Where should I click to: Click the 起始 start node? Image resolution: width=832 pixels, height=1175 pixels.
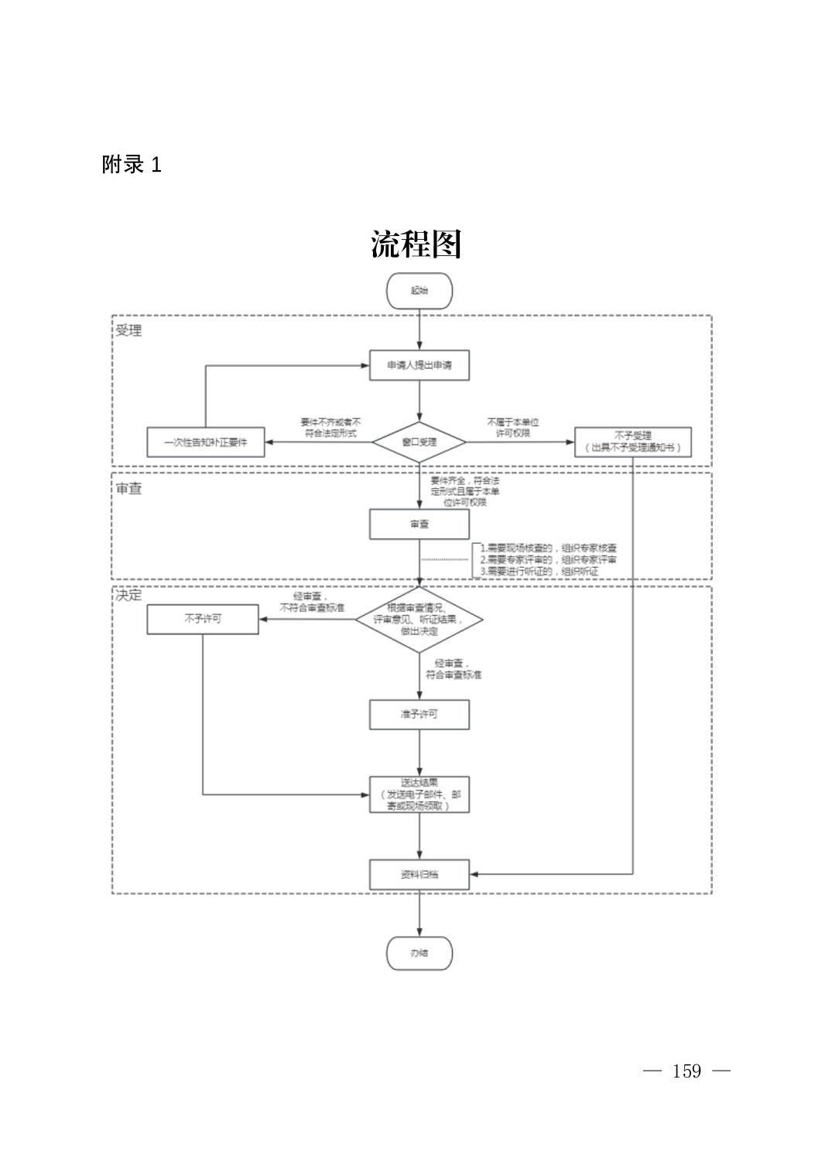419,291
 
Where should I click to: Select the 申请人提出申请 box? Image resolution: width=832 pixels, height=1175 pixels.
419,365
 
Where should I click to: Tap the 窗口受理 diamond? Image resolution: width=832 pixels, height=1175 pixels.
419,442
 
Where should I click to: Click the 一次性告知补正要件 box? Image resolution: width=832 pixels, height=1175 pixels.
205,442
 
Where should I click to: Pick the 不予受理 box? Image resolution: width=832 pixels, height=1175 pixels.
632,442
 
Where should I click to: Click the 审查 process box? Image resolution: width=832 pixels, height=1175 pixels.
419,524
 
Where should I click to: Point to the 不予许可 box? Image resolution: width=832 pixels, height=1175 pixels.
203,619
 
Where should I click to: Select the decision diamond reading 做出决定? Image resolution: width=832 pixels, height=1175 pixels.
419,619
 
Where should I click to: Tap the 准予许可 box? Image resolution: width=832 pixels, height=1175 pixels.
419,714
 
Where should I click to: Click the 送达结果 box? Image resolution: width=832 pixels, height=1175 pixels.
419,794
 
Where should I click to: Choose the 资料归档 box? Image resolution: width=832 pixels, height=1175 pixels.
419,875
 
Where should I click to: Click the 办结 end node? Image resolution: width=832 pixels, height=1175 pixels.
419,953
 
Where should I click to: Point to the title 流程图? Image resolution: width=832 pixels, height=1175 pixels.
416,244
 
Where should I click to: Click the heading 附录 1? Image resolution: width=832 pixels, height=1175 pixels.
132,165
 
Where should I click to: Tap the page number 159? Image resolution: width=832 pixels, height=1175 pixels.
686,1071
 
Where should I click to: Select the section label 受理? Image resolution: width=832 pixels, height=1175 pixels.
129,331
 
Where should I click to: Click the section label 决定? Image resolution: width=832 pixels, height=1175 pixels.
129,596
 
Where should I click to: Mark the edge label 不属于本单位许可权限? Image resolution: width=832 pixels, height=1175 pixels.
512,428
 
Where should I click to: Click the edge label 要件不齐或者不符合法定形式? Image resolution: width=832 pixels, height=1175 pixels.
330,428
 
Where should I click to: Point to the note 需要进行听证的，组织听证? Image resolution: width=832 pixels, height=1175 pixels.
540,572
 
